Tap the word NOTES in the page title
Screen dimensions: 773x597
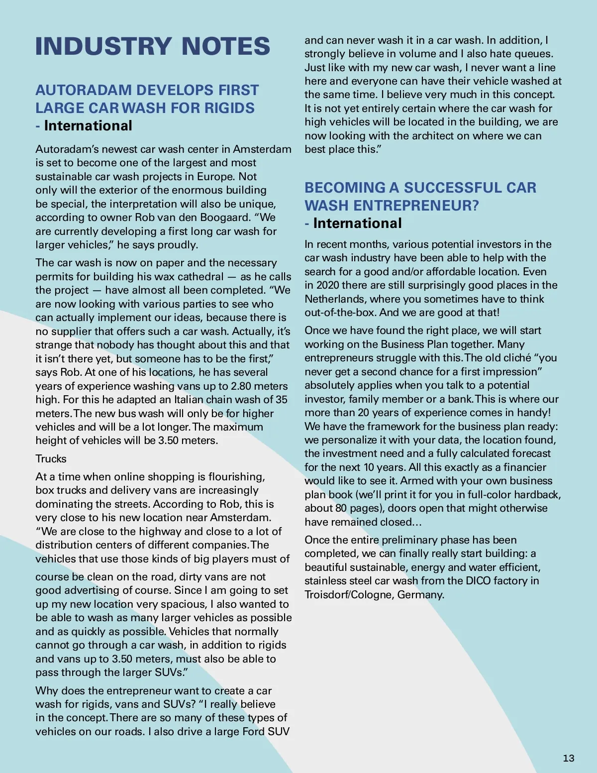click(225, 47)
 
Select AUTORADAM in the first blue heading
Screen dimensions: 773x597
click(84, 90)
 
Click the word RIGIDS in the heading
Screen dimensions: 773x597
click(230, 108)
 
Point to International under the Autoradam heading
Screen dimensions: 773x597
click(88, 126)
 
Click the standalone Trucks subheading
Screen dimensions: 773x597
click(51, 459)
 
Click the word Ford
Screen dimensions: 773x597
click(253, 732)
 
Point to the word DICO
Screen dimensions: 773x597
click(479, 581)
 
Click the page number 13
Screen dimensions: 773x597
click(568, 758)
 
